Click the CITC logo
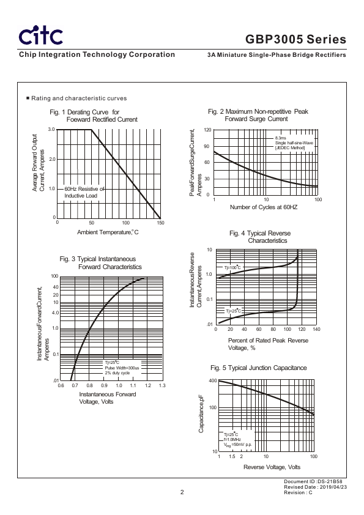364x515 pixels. coord(41,36)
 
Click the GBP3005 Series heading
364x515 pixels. coord(295,39)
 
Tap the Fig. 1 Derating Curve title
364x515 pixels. coord(94,116)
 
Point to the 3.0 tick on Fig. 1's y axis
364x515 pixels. coord(51,130)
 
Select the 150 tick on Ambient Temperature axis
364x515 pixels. coord(160,223)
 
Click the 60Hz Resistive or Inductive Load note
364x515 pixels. coord(84,192)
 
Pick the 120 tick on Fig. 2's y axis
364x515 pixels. coord(207,130)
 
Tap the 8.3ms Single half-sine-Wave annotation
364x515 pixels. coord(294,143)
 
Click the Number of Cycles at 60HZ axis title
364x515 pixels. coord(264,207)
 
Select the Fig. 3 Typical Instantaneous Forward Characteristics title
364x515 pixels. coord(100,263)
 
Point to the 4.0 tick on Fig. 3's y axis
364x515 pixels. coord(55,313)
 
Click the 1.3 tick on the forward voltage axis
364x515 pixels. coord(162,385)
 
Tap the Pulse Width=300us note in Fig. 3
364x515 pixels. coord(122,368)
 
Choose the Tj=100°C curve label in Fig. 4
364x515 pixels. coord(232,267)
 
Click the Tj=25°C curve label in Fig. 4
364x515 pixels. coord(233,311)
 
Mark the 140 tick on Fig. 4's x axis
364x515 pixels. coord(316,329)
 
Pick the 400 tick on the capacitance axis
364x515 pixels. coord(213,380)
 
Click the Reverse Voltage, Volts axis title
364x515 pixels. coord(272,467)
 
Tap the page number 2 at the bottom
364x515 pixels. coord(182,492)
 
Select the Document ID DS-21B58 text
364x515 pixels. coord(313,481)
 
